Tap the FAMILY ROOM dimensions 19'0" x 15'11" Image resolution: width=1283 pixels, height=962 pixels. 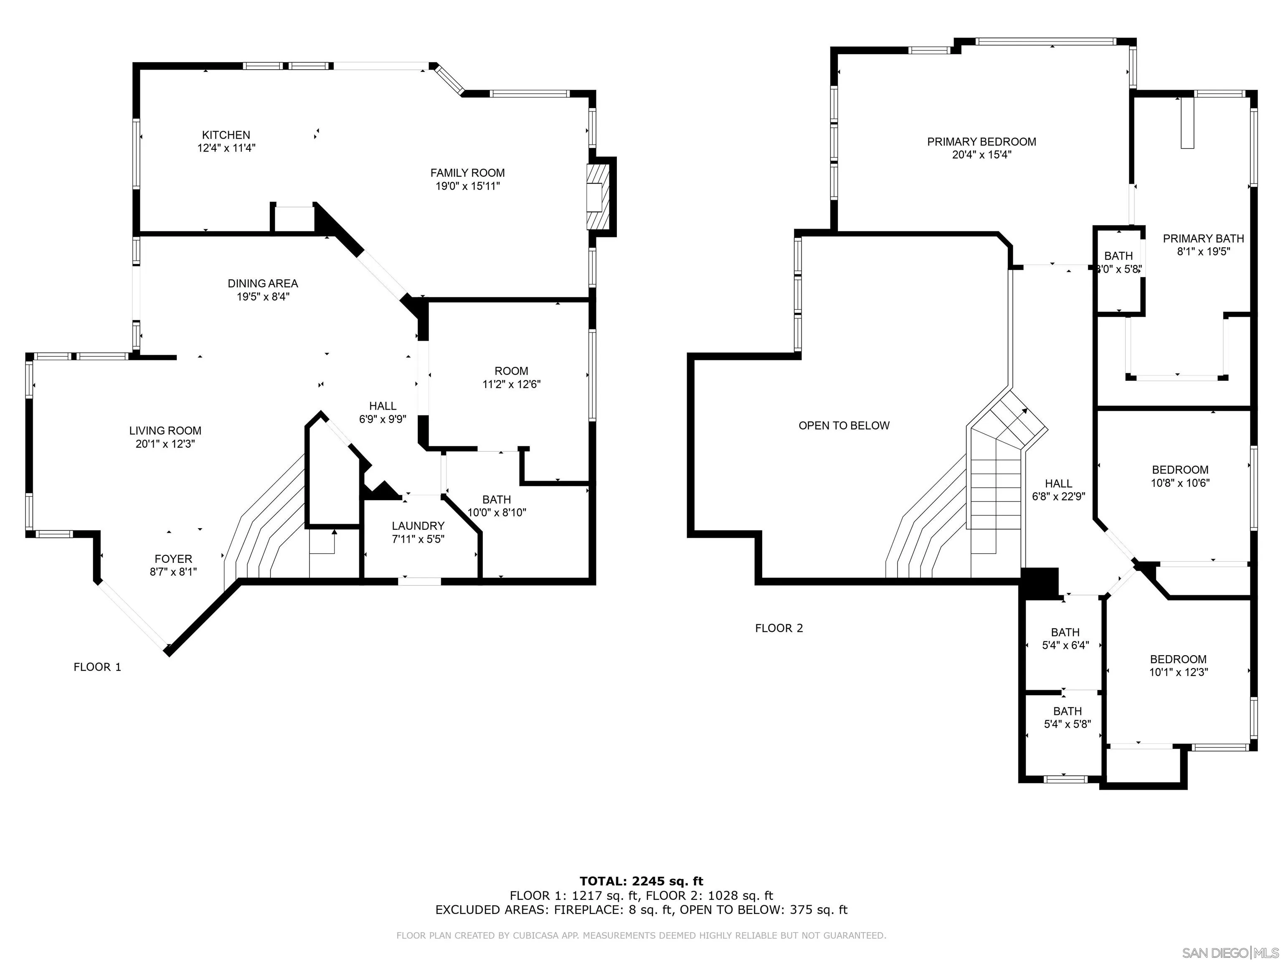[x=467, y=186]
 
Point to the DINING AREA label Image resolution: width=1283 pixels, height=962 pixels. [x=263, y=284]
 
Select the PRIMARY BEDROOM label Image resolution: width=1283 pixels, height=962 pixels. [x=981, y=142]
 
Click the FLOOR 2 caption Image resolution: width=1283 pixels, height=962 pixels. [x=778, y=628]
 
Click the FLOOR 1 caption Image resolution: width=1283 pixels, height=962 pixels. [x=97, y=667]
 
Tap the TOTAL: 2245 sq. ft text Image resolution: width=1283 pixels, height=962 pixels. [x=641, y=882]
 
